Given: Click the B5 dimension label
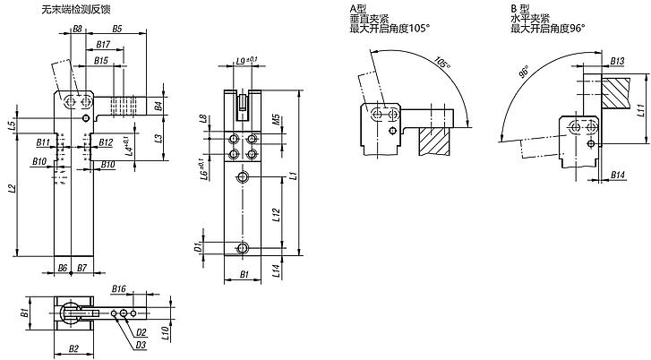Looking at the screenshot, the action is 117,29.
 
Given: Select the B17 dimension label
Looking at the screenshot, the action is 103,45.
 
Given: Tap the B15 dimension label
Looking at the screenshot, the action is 101,61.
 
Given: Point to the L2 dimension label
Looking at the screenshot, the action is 13,188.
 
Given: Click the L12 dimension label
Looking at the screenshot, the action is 278,215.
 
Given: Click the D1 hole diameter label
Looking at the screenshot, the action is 199,247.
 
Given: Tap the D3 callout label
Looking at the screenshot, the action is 141,345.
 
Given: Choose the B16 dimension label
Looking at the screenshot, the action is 119,288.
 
